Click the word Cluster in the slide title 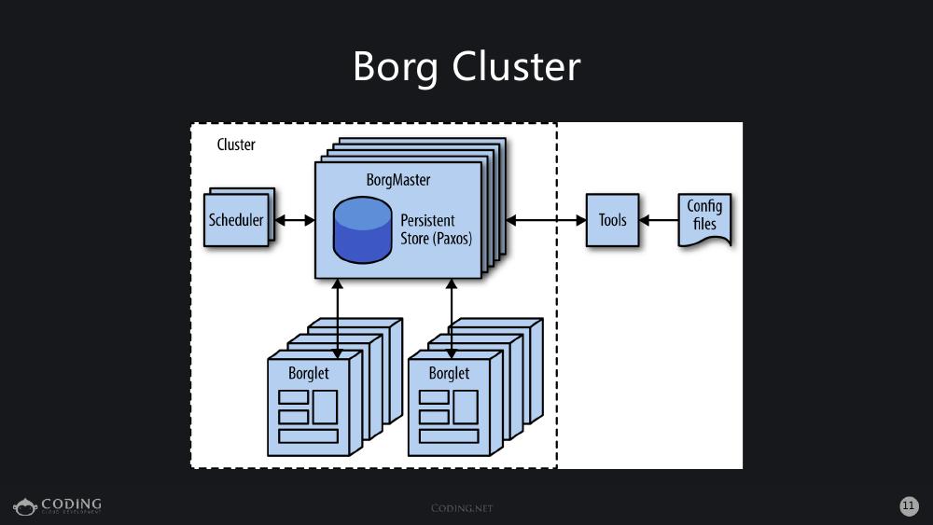pos(516,67)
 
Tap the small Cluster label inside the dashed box pos(236,145)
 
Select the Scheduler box pos(236,221)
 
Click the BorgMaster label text pos(398,179)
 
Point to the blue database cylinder pos(363,230)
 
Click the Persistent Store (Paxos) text pos(436,229)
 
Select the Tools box pos(612,220)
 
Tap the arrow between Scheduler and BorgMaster pos(295,221)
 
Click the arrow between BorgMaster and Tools pos(545,220)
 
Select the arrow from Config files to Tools pos(659,221)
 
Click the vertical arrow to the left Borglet pos(337,317)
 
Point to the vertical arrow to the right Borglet pos(452,317)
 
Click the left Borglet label pos(308,373)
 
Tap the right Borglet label pos(449,373)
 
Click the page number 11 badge pos(909,505)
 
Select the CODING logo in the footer pos(58,506)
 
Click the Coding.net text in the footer pos(461,508)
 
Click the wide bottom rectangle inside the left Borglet pos(308,436)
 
